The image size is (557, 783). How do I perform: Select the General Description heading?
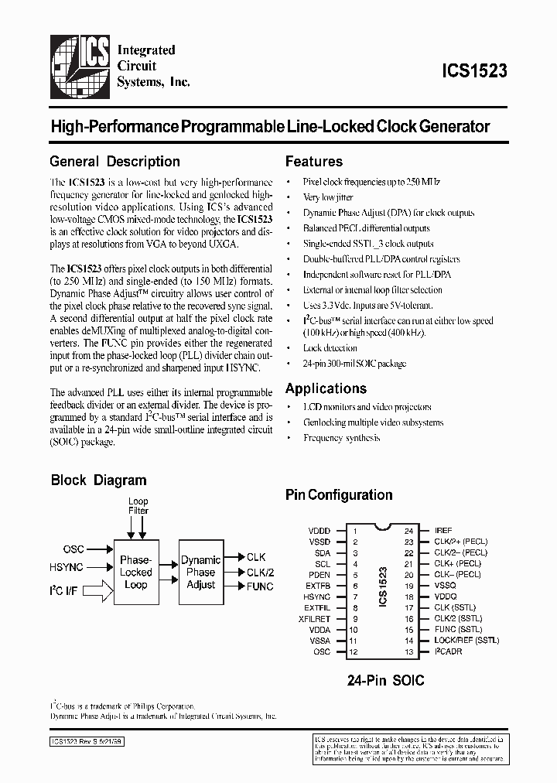(114, 162)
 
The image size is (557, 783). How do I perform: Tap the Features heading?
(314, 162)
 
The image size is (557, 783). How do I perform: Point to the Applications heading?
(326, 388)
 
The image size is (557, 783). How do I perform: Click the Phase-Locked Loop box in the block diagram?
(136, 572)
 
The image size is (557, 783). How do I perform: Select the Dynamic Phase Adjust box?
(200, 572)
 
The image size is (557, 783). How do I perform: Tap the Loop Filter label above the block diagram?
(138, 506)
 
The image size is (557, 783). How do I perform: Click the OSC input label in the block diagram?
(74, 549)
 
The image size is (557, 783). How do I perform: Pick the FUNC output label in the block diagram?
(260, 586)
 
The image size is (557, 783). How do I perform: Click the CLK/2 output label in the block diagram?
(260, 572)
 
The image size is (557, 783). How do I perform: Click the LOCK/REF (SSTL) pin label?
(467, 641)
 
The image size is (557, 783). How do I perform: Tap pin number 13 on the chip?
(408, 651)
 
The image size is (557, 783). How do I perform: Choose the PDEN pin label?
(320, 575)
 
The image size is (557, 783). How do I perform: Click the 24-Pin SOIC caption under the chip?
(385, 681)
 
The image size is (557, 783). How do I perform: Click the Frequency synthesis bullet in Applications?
(341, 438)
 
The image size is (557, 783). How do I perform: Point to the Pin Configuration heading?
(339, 494)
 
